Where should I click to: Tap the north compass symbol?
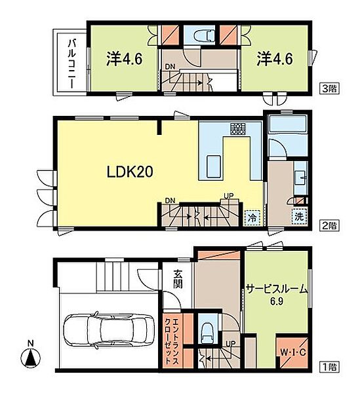pyautogui.click(x=30, y=359)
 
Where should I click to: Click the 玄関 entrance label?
pyautogui.click(x=178, y=280)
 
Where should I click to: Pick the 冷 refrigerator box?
pyautogui.click(x=251, y=217)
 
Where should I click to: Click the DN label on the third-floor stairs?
pyautogui.click(x=169, y=66)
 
